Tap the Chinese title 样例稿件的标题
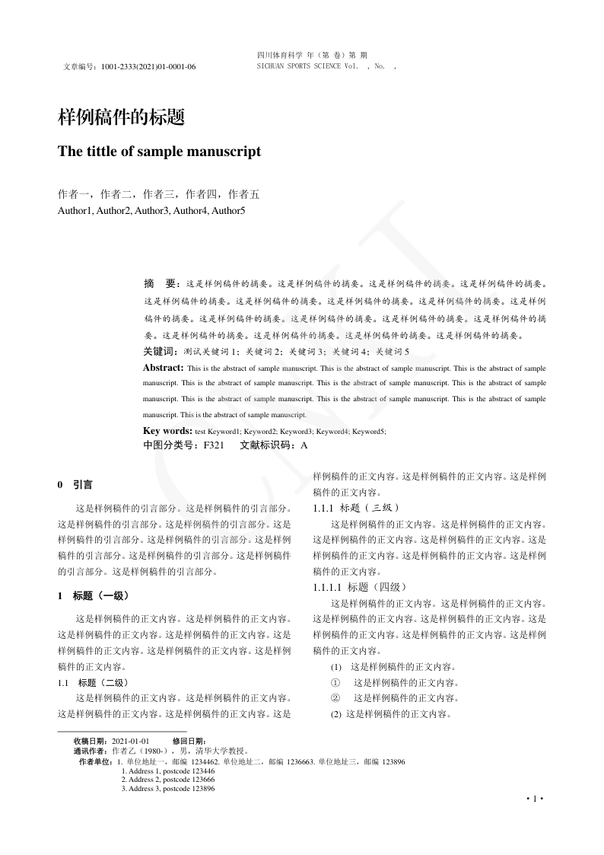122,117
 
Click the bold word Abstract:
163,368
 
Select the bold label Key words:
167,431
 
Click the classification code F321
213,445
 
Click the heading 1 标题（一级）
98,595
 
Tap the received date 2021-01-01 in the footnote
130,741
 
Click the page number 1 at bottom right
536,799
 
